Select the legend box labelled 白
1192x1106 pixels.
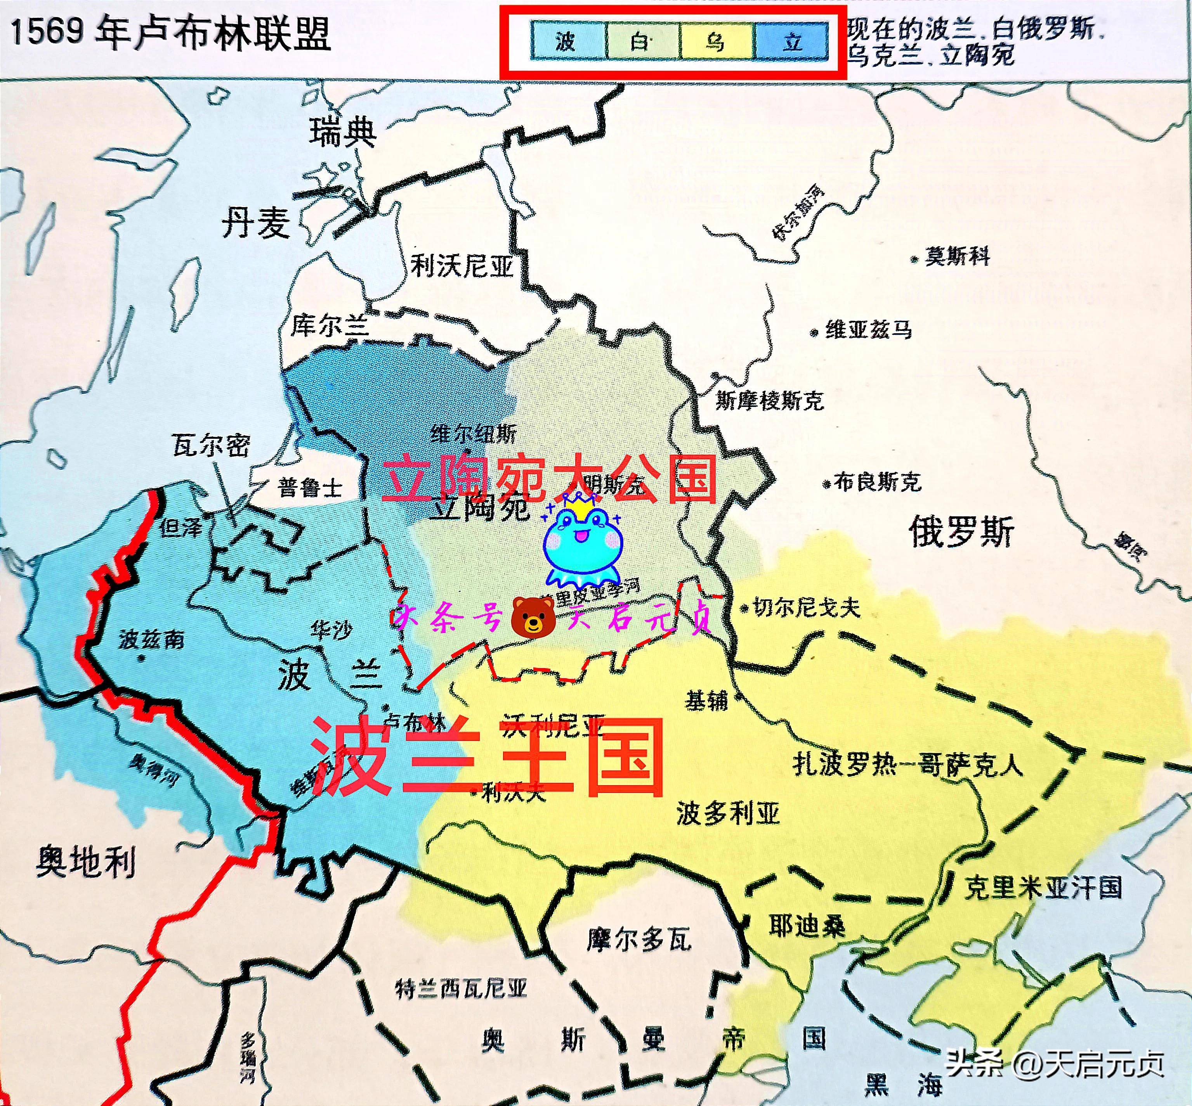[x=642, y=42]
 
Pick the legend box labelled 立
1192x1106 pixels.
[x=791, y=42]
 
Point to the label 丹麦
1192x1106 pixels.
[x=256, y=223]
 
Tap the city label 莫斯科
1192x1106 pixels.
[x=957, y=257]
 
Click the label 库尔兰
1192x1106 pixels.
[x=330, y=325]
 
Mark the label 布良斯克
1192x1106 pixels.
[x=876, y=482]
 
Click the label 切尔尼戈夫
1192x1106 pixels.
[x=806, y=608]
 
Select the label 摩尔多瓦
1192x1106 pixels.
[x=638, y=939]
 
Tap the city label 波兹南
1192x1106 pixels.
[x=151, y=640]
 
